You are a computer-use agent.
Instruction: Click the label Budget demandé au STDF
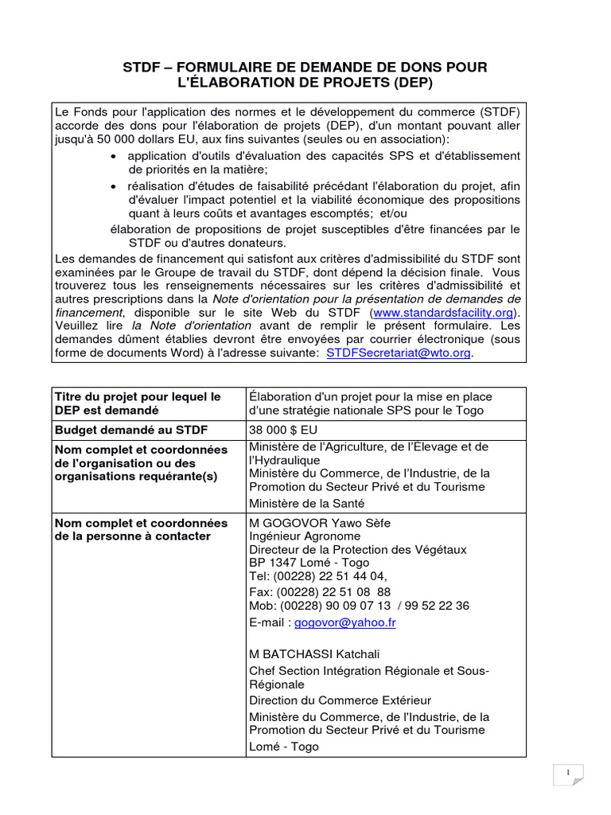[x=130, y=430]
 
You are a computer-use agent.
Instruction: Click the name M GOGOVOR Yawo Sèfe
[x=320, y=522]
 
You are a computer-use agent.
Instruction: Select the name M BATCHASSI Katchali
[x=314, y=654]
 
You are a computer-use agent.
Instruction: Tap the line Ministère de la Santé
[x=306, y=503]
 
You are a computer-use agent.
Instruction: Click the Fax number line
[x=320, y=591]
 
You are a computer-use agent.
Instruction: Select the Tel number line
[x=318, y=576]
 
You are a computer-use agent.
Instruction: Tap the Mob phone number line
[x=359, y=606]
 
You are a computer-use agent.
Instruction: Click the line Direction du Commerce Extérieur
[x=340, y=700]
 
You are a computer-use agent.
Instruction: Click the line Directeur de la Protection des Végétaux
[x=358, y=549]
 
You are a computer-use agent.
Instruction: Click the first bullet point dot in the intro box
[x=115, y=156]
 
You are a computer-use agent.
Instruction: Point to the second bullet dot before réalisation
[x=115, y=185]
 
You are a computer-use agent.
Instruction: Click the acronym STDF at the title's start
[x=141, y=68]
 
